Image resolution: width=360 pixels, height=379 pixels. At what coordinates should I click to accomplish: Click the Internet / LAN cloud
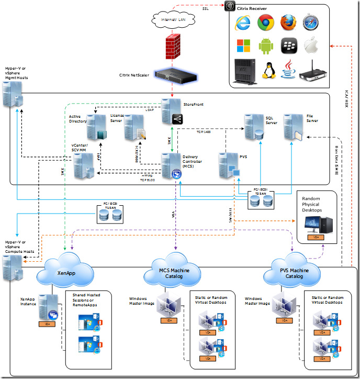(x=172, y=19)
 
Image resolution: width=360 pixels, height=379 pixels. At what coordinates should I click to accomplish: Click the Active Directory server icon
(x=96, y=127)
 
